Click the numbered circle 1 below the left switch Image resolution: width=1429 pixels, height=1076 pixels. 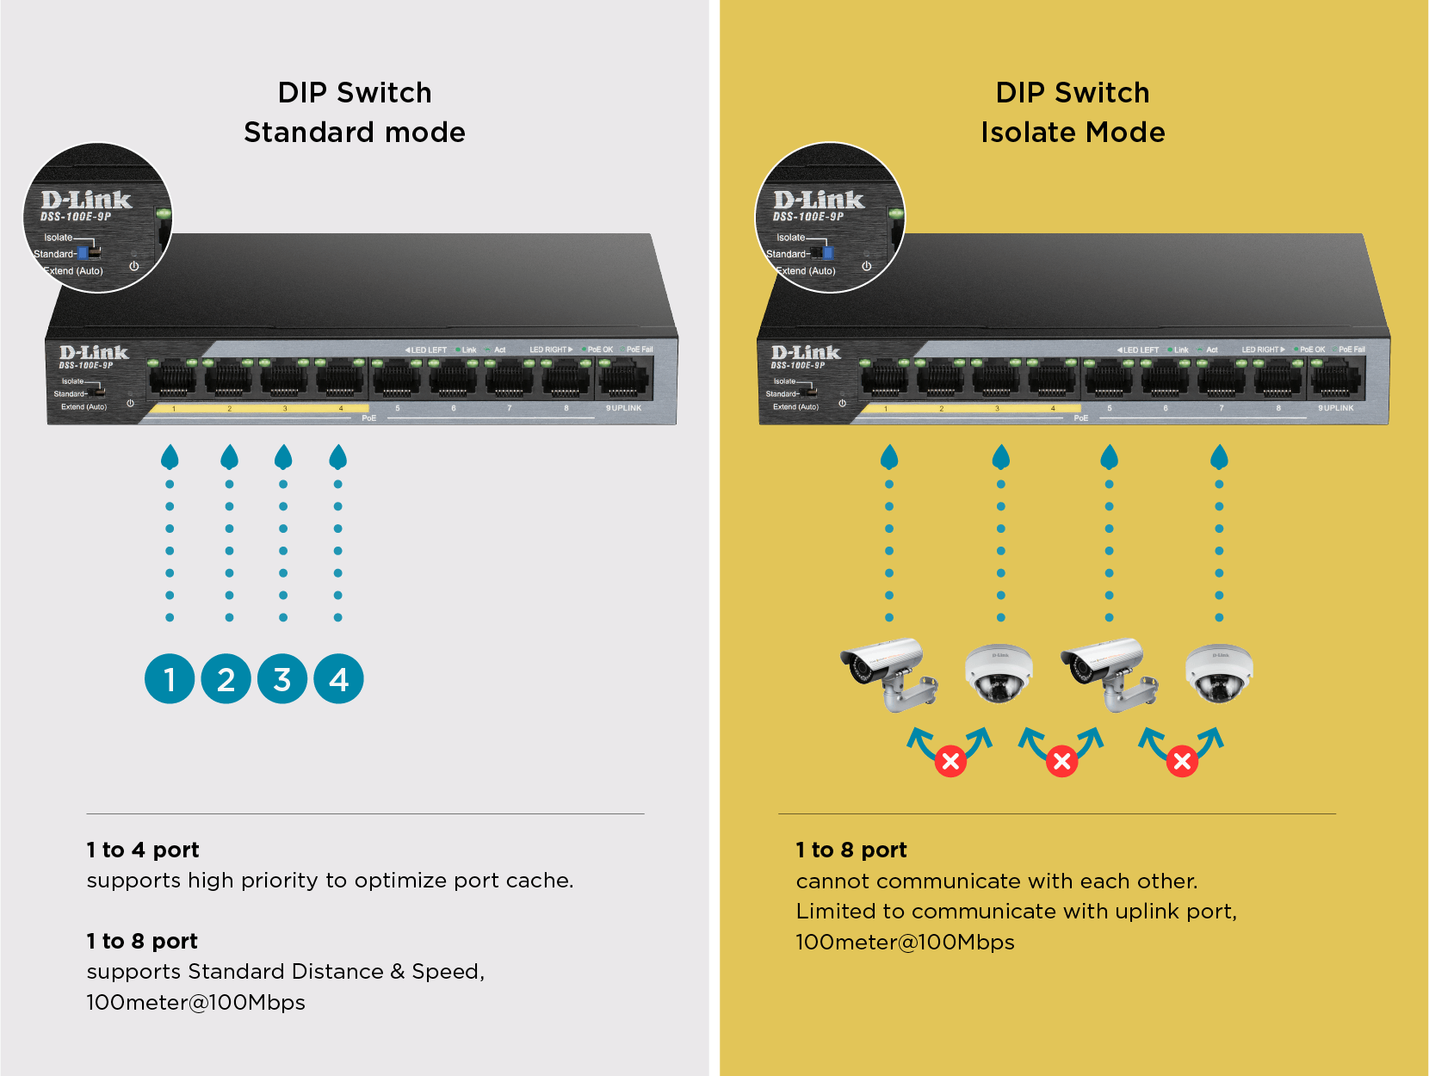170,678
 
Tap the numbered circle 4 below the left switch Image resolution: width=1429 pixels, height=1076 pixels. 338,678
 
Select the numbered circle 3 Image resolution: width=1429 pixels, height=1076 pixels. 282,678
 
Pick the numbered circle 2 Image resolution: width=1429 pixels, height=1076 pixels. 226,678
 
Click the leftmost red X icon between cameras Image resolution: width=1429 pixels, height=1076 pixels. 950,761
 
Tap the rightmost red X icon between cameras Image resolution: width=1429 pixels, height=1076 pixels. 1182,761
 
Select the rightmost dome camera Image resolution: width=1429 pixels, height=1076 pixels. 1219,673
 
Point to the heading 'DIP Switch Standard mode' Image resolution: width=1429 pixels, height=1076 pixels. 355,112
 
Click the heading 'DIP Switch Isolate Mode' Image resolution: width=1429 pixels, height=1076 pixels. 1073,112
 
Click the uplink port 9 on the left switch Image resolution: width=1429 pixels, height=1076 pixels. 623,379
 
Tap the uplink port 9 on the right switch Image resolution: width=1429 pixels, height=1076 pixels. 1335,379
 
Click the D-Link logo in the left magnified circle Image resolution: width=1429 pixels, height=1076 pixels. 86,200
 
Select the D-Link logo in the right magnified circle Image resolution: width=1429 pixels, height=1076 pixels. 819,200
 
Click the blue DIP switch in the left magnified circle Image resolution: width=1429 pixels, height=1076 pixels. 84,252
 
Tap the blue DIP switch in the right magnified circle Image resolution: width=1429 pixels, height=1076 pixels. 827,252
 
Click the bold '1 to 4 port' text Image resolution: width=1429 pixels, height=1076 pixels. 143,850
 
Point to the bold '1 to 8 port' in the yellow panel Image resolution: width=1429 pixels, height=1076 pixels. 851,850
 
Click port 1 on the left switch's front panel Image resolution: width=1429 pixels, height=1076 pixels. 173,379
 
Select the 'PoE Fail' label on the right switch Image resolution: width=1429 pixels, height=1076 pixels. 1352,349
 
